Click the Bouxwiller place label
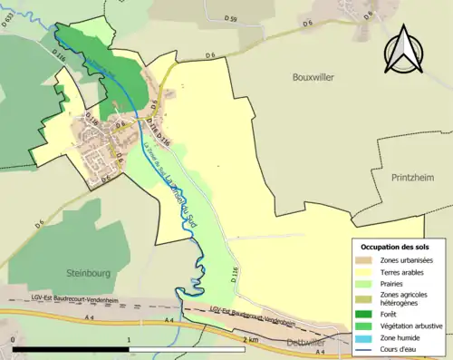[313, 78]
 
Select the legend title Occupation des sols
[396, 247]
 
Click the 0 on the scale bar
[14, 339]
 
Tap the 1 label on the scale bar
[130, 339]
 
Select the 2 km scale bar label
[250, 339]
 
